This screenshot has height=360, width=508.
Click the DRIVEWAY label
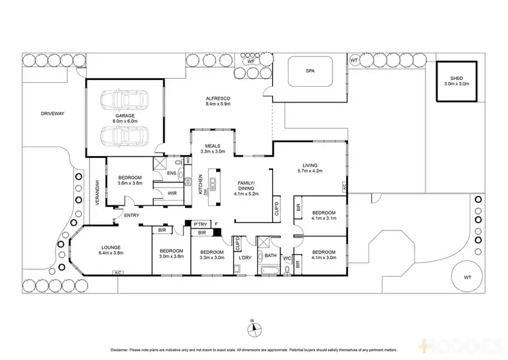coord(51,114)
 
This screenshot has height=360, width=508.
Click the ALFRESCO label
coord(219,99)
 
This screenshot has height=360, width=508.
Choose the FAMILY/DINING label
coord(243,186)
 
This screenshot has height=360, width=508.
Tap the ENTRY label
coord(131,216)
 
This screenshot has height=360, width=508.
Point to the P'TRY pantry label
coord(200,224)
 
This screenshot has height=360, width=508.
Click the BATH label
coord(270,256)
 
